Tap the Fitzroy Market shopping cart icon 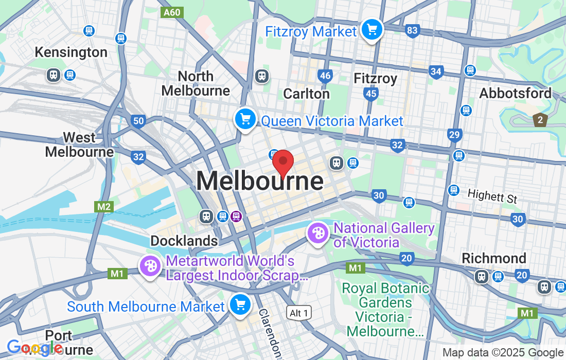[372, 29]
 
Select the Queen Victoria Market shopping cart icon [245, 119]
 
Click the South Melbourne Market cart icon [240, 304]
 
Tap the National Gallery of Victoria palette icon [318, 233]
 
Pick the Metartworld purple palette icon [150, 266]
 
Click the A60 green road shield [171, 12]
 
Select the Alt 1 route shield [299, 312]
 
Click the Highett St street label [492, 196]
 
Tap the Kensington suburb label [71, 52]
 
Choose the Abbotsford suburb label [515, 94]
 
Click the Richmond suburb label [494, 258]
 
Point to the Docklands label [184, 241]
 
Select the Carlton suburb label [307, 94]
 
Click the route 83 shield [412, 31]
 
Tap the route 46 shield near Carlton [325, 76]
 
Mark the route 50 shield [138, 121]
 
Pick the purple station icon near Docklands [237, 216]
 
